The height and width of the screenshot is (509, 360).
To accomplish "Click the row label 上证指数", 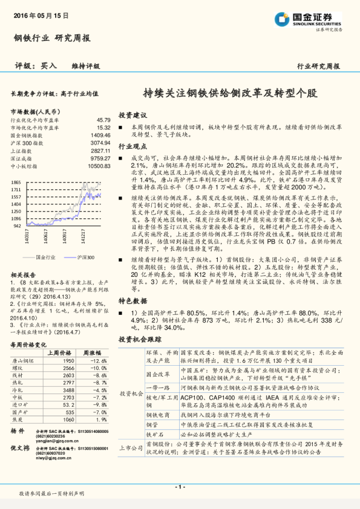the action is pos(21,151).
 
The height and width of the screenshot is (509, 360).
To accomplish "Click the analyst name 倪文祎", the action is pos(20,448).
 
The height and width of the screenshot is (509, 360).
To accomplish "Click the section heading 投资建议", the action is pos(133,114).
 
